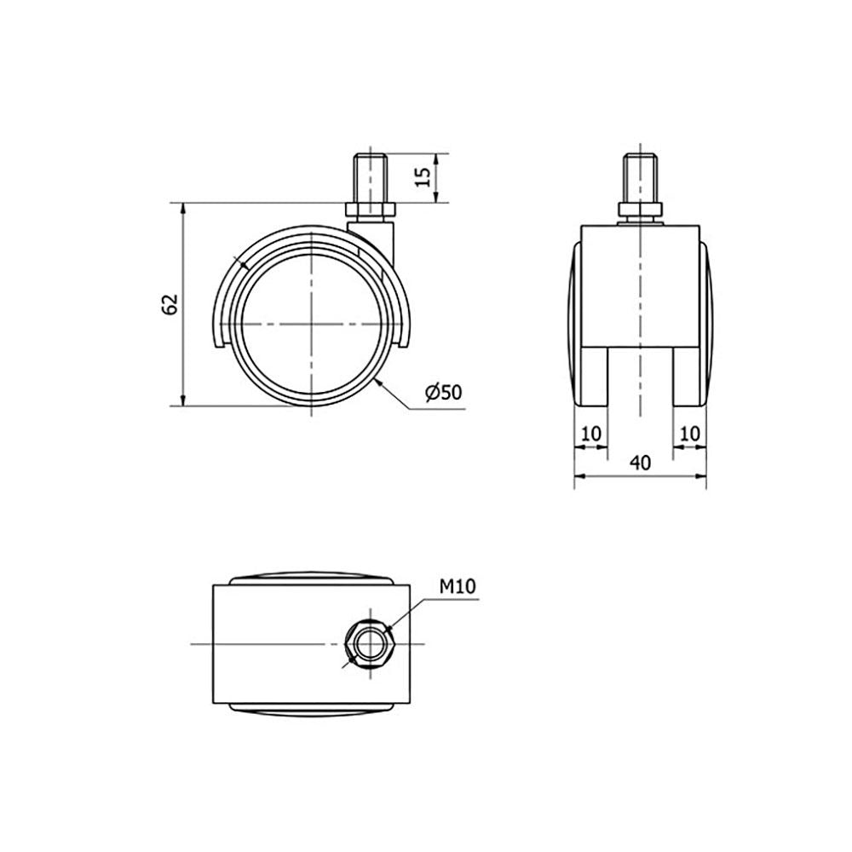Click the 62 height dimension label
click(x=170, y=304)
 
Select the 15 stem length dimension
click(x=423, y=176)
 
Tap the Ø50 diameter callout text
click(x=443, y=392)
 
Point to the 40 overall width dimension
click(x=640, y=463)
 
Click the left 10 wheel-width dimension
click(x=591, y=435)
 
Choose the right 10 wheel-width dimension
click(x=689, y=435)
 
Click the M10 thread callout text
click(x=458, y=586)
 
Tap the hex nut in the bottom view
click(x=370, y=644)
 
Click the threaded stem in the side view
click(x=370, y=178)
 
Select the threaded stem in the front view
click(x=641, y=178)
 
